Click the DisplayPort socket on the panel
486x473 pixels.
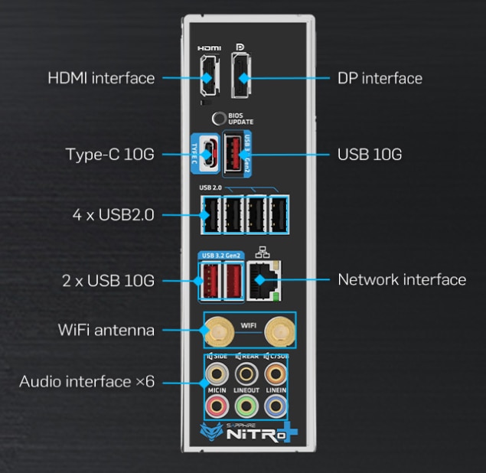click(x=243, y=77)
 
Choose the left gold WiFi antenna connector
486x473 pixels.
click(x=216, y=331)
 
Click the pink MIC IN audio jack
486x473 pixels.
click(x=217, y=403)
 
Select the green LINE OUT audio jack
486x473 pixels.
click(x=245, y=403)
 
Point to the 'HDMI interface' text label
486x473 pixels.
click(x=101, y=78)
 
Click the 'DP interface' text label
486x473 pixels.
click(x=380, y=78)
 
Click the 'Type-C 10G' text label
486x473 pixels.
click(x=109, y=155)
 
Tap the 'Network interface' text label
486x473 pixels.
click(x=402, y=279)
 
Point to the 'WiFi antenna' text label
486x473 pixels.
click(x=106, y=331)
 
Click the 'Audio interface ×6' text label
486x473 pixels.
click(x=86, y=380)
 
